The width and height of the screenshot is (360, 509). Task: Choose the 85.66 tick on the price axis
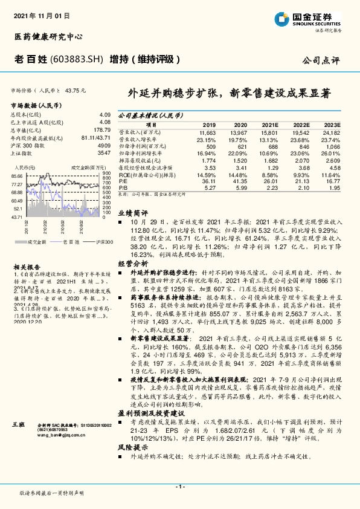click(17, 176)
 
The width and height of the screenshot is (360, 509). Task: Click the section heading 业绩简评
click(132, 213)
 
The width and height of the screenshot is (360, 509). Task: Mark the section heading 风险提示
click(132, 448)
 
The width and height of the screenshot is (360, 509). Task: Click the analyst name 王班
click(19, 426)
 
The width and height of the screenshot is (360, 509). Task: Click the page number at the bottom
click(179, 486)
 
